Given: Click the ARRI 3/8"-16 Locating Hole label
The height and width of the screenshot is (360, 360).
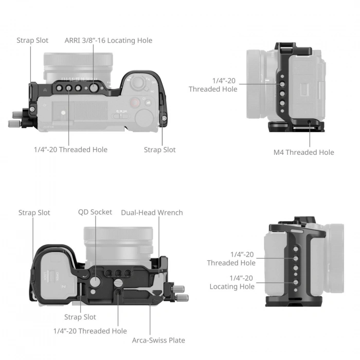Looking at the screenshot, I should [x=108, y=40].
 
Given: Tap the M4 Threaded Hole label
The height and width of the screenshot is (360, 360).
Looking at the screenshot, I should [x=303, y=152].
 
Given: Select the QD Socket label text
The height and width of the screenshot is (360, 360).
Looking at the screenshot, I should [x=95, y=212].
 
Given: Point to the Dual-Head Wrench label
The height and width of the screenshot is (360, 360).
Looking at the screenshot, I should [x=152, y=212].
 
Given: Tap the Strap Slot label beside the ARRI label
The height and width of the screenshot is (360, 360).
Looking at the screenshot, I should [x=32, y=40].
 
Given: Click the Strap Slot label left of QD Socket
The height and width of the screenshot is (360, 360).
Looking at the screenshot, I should [x=34, y=212].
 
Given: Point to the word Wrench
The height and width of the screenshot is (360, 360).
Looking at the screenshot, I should [x=169, y=212].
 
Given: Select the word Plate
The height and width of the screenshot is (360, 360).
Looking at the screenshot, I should [x=176, y=340].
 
